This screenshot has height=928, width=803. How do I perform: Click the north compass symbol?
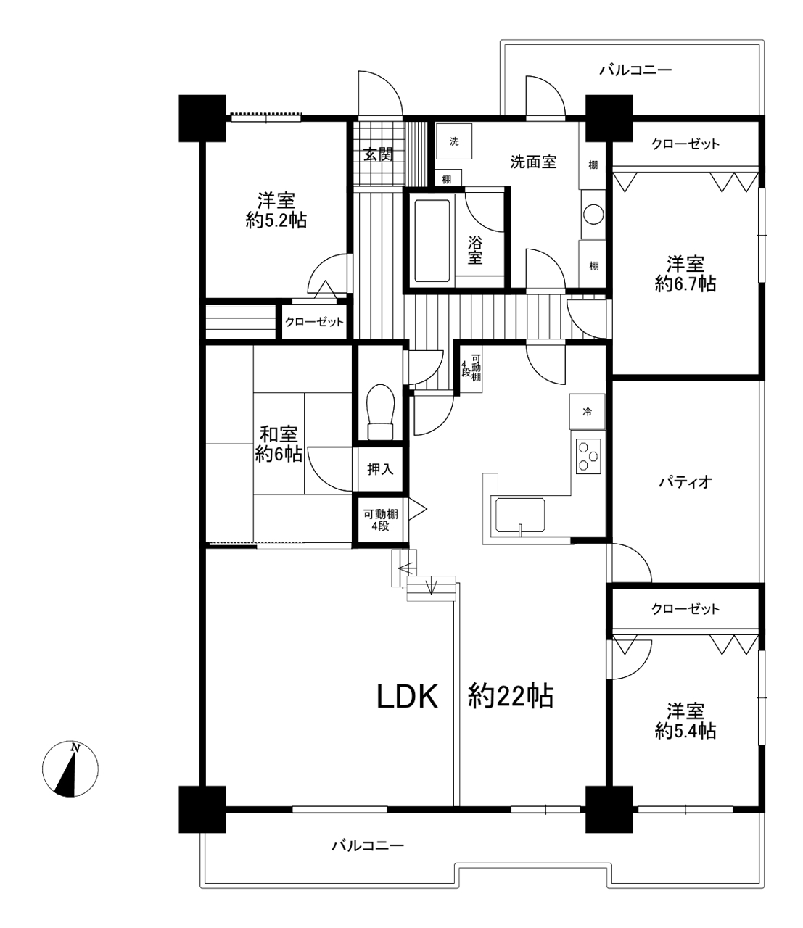(70, 769)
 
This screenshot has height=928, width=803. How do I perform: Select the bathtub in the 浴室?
(432, 241)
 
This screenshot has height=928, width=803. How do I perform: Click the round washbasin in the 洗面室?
(593, 214)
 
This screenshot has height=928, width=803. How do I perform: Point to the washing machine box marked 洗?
(454, 141)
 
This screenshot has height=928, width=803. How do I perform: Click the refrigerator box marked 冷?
(587, 412)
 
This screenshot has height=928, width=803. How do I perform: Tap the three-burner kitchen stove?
(588, 457)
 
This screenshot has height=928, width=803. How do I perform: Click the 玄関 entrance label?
(378, 155)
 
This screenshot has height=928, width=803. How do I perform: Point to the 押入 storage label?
(380, 469)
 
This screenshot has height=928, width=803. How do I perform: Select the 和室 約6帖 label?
(279, 444)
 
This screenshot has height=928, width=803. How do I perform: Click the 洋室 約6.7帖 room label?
(685, 273)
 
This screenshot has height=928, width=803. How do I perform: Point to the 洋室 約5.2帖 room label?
(276, 210)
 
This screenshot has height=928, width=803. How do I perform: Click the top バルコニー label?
(636, 70)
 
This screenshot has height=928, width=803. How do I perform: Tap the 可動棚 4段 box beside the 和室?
(380, 520)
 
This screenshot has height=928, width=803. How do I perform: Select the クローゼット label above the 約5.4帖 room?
(685, 609)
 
